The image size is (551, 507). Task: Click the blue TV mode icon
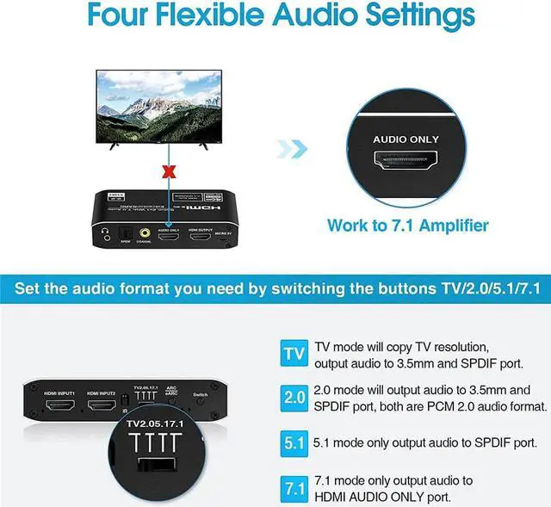tap(294, 354)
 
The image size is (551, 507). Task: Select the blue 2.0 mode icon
tap(294, 399)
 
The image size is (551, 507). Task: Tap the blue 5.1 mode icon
tap(294, 445)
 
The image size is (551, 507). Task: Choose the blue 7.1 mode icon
tap(294, 489)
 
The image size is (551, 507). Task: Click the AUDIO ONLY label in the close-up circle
tap(406, 139)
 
